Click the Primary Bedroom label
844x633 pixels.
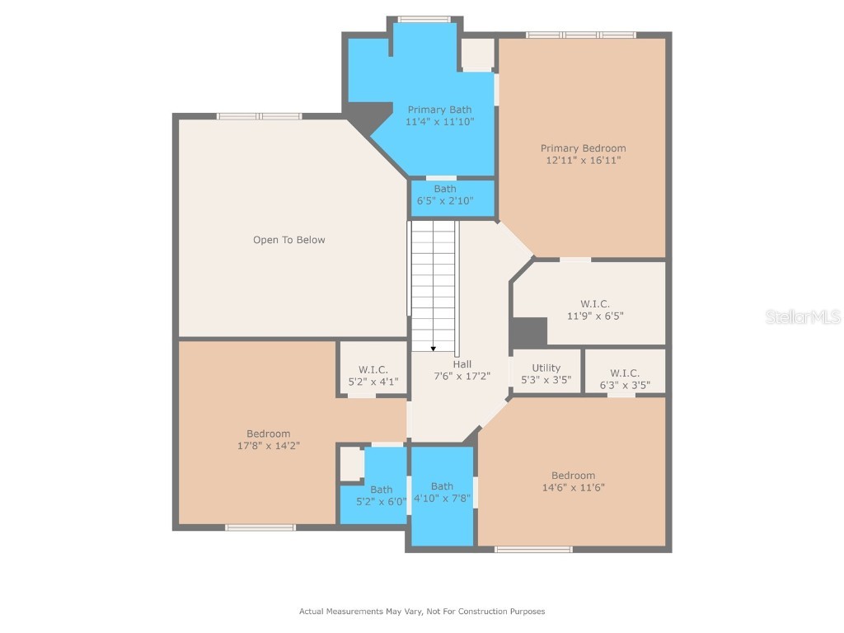pos(583,148)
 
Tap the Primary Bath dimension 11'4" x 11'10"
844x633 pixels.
pos(439,122)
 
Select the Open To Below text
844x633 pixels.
pos(288,240)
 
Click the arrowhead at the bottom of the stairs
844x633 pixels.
pos(434,348)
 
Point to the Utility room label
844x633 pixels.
pos(546,368)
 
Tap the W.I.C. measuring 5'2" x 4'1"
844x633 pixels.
pos(373,376)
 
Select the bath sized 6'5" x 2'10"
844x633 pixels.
pos(445,195)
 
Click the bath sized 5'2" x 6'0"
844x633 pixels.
pos(381,495)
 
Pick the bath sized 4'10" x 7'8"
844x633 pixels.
pos(442,492)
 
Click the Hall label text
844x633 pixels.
pos(462,363)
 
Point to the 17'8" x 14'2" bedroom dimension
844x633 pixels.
pos(268,446)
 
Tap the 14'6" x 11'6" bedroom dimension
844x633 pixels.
pos(573,487)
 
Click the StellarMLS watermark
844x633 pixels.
pos(802,316)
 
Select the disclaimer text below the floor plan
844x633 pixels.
pos(421,612)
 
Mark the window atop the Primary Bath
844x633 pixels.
pos(424,19)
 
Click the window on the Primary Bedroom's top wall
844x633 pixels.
pos(581,35)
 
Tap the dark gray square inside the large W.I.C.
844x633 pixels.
pos(529,332)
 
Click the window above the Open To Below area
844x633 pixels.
pos(259,116)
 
